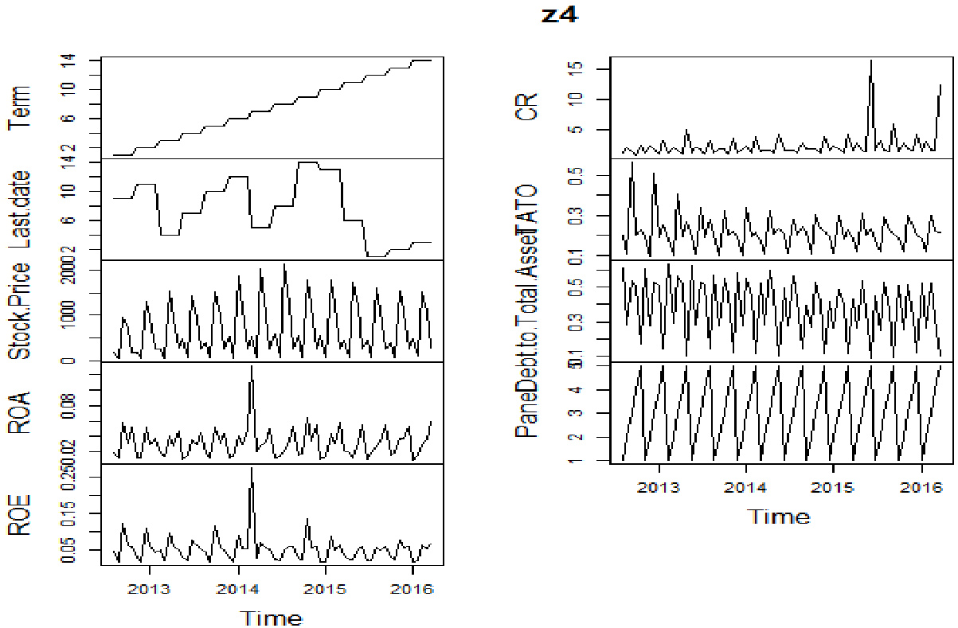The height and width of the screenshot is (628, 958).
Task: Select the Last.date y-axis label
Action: (19, 209)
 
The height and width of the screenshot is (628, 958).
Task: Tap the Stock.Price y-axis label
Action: (19, 311)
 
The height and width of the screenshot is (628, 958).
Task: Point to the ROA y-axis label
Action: (19, 412)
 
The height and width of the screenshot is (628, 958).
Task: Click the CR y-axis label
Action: (528, 107)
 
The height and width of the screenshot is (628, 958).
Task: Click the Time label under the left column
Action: (272, 618)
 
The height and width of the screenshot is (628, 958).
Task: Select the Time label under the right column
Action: (779, 517)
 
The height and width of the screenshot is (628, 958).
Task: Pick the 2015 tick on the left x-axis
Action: (325, 589)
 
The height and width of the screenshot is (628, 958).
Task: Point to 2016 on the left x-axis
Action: (413, 589)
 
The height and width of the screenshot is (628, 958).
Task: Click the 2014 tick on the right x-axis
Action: (745, 487)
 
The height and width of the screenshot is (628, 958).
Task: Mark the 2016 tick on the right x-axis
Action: (920, 487)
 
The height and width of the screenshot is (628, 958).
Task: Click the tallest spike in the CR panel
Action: (871, 61)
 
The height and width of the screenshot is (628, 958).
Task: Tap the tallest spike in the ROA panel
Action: (252, 367)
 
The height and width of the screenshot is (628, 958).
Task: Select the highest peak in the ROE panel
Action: (252, 469)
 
